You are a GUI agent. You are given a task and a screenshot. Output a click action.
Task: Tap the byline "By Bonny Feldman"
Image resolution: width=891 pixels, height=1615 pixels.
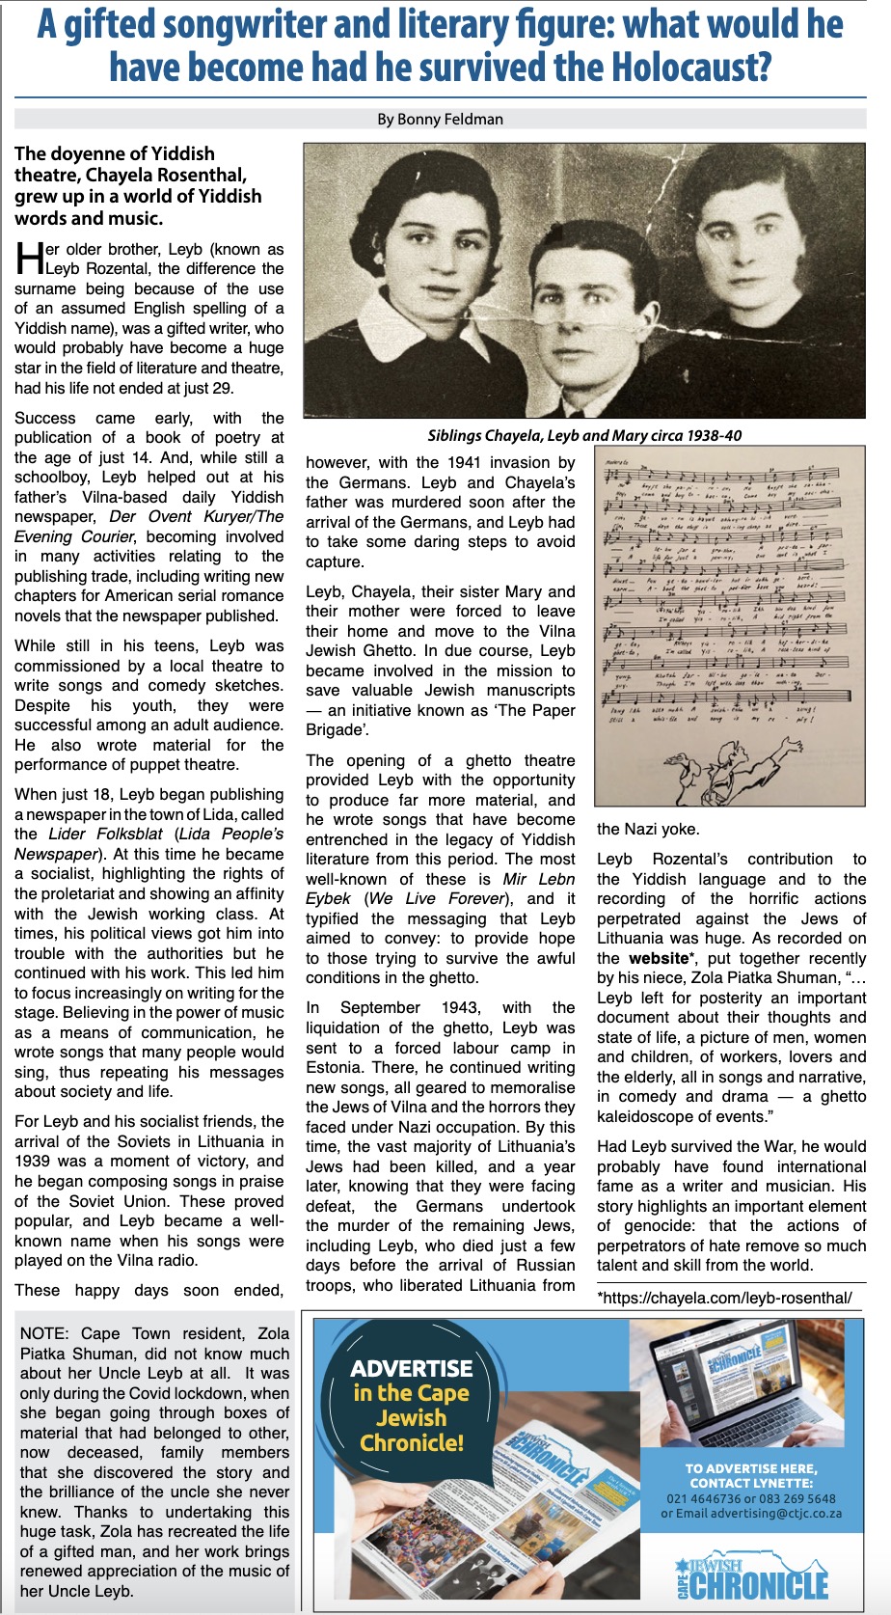click(440, 120)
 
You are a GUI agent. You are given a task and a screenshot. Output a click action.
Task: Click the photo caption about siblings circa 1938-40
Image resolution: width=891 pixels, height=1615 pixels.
click(584, 435)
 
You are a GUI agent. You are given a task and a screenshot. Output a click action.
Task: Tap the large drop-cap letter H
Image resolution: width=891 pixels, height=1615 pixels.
click(29, 259)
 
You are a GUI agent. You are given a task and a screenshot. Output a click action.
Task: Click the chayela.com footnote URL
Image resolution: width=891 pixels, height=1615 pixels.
click(724, 1298)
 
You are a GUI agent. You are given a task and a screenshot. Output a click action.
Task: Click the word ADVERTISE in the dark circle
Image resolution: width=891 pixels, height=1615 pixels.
click(412, 1368)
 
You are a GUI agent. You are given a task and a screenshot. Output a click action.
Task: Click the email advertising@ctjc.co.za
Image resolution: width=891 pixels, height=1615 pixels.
click(772, 1514)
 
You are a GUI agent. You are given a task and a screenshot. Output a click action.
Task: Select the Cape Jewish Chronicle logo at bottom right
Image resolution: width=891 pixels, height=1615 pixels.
click(751, 1573)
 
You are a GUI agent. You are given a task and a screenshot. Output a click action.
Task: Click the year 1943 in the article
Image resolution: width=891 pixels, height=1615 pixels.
click(459, 1007)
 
